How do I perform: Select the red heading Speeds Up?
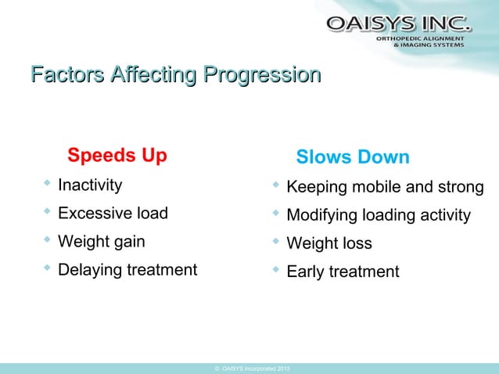point(117,156)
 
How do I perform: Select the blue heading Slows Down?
point(353,157)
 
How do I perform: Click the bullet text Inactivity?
point(90,185)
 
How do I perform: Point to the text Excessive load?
point(113,214)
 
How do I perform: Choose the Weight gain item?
point(102,242)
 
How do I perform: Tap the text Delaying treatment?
point(127,270)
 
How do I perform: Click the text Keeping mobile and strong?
point(385,188)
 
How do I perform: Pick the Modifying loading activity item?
point(379,215)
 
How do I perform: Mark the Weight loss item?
point(329,243)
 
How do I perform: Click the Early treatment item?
point(343,272)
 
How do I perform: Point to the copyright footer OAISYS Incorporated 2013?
point(250,368)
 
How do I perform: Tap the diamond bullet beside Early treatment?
point(275,270)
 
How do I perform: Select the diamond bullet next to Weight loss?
point(275,242)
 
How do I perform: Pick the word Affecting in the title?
point(153,77)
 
